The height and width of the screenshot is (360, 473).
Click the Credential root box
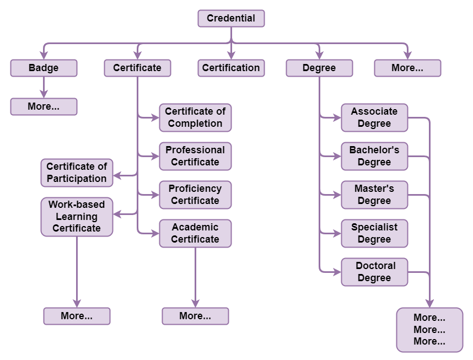(231, 18)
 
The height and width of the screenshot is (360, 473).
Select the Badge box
(44, 68)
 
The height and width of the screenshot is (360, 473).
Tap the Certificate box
(137, 68)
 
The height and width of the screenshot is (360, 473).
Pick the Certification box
(231, 68)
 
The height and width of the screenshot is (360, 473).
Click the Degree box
(319, 68)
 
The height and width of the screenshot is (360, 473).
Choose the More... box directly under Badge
(44, 106)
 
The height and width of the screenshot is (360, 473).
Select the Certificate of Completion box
(195, 117)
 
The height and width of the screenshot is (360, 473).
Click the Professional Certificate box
(195, 156)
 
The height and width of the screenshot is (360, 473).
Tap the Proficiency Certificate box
(195, 195)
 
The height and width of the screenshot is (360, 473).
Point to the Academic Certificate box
(195, 233)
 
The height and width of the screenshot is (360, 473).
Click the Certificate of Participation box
(77, 173)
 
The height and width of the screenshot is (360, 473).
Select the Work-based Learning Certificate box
(77, 217)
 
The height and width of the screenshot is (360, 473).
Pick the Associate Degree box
(374, 117)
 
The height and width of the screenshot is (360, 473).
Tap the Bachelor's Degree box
(374, 156)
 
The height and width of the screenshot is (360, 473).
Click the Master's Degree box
(374, 195)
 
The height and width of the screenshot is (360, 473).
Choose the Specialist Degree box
(374, 233)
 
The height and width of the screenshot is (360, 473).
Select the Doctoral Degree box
(374, 272)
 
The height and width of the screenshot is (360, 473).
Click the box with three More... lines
(429, 330)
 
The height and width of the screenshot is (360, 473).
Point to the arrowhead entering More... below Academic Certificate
(195, 303)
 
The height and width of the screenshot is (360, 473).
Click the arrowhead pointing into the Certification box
(231, 55)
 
